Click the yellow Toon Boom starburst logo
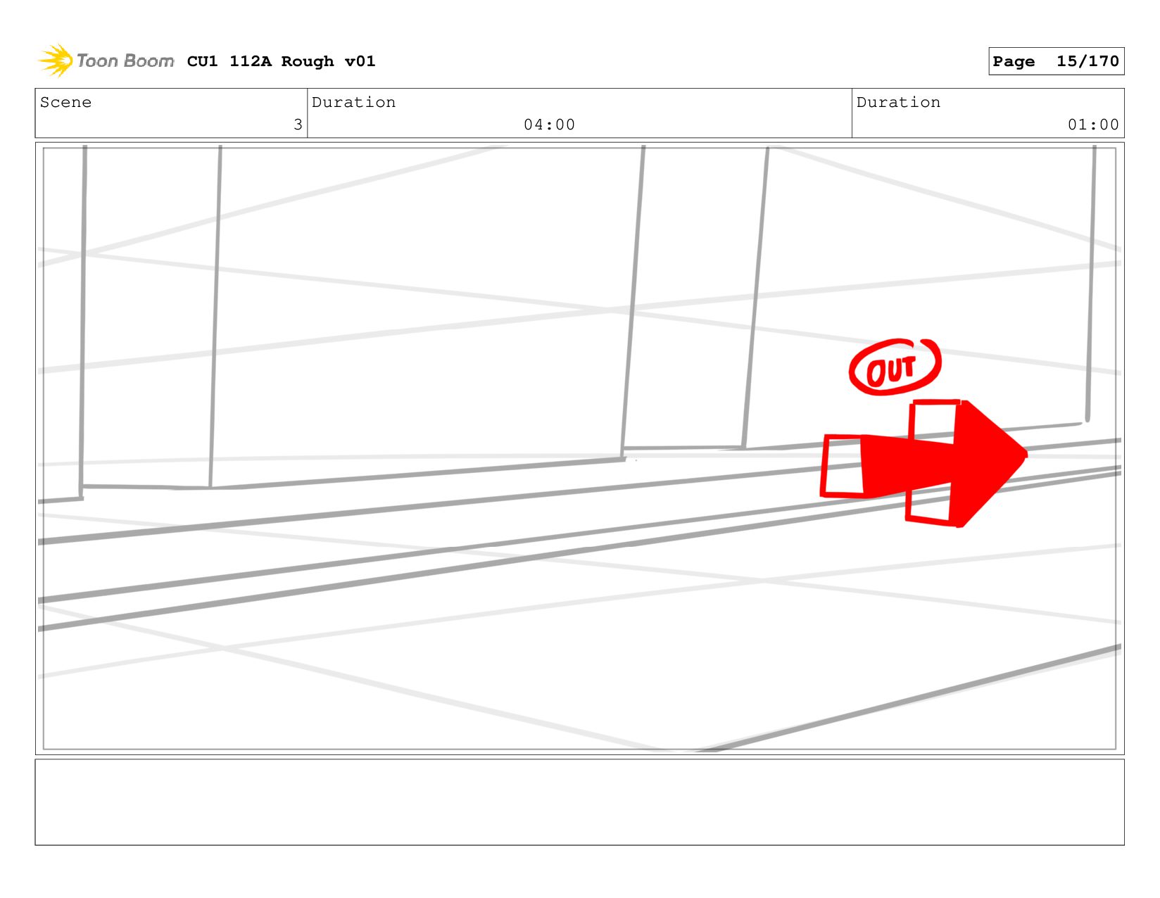click(56, 61)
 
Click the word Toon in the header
click(97, 61)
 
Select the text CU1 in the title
click(202, 61)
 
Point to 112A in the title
click(251, 61)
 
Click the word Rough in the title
click(308, 62)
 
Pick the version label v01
click(360, 61)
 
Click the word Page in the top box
click(1013, 61)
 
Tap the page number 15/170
click(1087, 61)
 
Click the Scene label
click(65, 102)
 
